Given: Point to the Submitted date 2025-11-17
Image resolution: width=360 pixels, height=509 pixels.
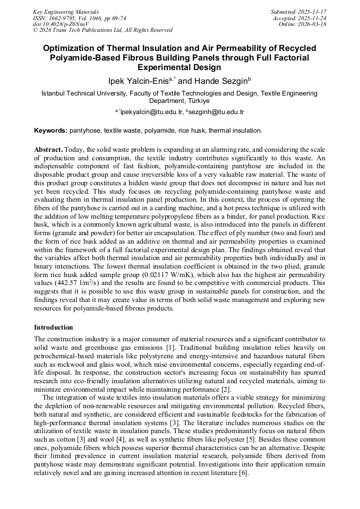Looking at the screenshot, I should [314, 12].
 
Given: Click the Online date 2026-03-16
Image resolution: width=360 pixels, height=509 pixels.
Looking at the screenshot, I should [314, 24].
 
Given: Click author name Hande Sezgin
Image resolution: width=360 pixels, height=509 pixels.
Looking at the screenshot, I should [218, 81].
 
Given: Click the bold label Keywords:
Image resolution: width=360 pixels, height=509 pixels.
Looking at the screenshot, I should [51, 131].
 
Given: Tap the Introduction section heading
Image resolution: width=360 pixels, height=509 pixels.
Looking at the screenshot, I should [54, 327].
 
